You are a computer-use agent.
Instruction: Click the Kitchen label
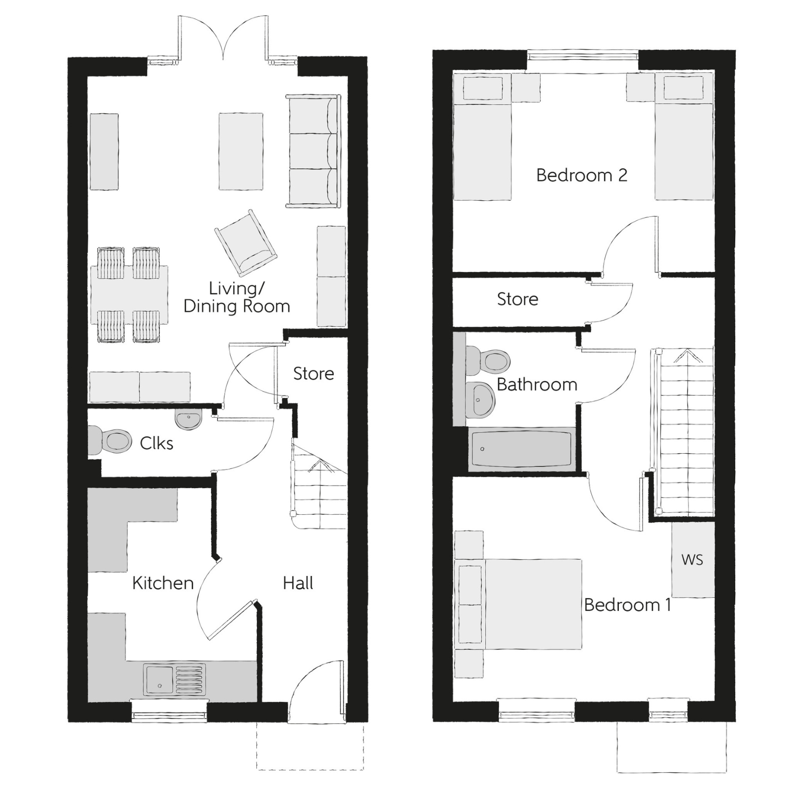pyautogui.click(x=163, y=583)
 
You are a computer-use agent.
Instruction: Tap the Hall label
pyautogui.click(x=298, y=583)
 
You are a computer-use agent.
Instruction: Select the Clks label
pyautogui.click(x=156, y=443)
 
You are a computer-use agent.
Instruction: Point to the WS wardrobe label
pyautogui.click(x=692, y=559)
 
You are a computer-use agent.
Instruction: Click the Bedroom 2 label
pyautogui.click(x=582, y=175)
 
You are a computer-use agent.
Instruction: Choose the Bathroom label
pyautogui.click(x=537, y=384)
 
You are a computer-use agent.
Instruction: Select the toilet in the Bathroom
pyautogui.click(x=487, y=360)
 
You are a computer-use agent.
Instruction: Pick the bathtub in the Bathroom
pyautogui.click(x=522, y=449)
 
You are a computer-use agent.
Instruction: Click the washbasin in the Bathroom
pyautogui.click(x=480, y=398)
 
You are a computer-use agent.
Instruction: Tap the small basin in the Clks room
pyautogui.click(x=188, y=419)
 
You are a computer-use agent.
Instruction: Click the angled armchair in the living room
pyautogui.click(x=245, y=243)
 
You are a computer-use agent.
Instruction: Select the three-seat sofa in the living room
pyautogui.click(x=313, y=151)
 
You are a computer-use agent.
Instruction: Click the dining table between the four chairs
pyautogui.click(x=129, y=294)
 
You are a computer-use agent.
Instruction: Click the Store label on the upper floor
pyautogui.click(x=517, y=299)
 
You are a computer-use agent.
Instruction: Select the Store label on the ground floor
pyautogui.click(x=314, y=373)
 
